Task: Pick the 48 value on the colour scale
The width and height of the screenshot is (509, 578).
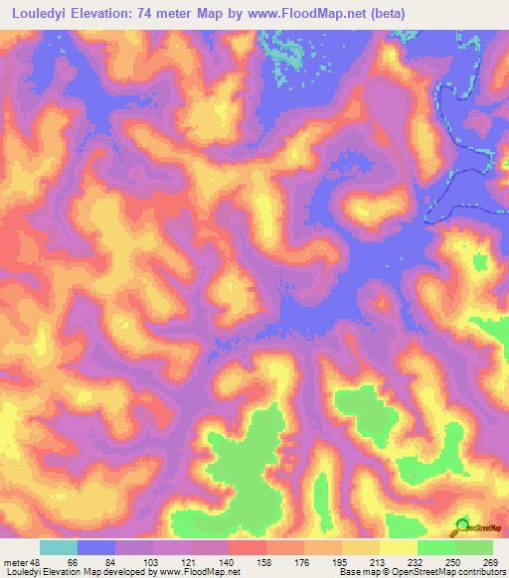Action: [x=37, y=562]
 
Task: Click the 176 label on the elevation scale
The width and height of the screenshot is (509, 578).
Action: [x=305, y=562]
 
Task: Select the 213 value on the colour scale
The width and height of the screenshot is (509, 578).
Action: [x=380, y=562]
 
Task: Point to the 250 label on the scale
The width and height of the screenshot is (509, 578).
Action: [x=454, y=562]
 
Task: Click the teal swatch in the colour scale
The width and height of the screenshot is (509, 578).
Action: [x=59, y=547]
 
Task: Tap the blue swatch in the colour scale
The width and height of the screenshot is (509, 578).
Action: [x=96, y=547]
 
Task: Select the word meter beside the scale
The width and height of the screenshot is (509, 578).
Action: [x=15, y=562]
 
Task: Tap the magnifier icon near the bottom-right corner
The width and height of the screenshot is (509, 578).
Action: [x=462, y=527]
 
